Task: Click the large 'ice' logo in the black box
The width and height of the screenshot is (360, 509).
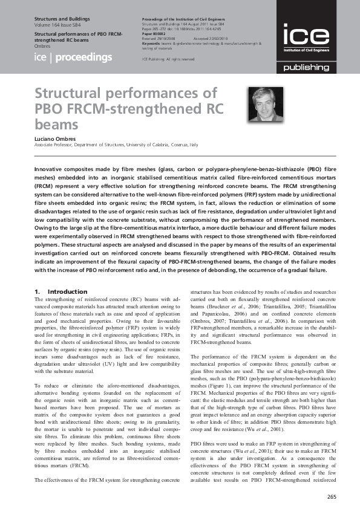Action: (306, 36)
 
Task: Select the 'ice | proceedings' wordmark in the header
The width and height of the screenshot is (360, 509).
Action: (73, 57)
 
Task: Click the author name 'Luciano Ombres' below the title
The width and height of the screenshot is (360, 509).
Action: (56, 139)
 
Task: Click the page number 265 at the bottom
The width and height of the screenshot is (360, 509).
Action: (330, 496)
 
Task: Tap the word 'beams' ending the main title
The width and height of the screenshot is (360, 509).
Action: (56, 125)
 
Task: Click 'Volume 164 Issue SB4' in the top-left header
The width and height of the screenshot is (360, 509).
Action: (64, 26)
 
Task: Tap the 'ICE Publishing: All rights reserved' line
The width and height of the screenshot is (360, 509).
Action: (168, 59)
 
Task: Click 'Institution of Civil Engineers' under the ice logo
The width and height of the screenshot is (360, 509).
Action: (306, 50)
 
